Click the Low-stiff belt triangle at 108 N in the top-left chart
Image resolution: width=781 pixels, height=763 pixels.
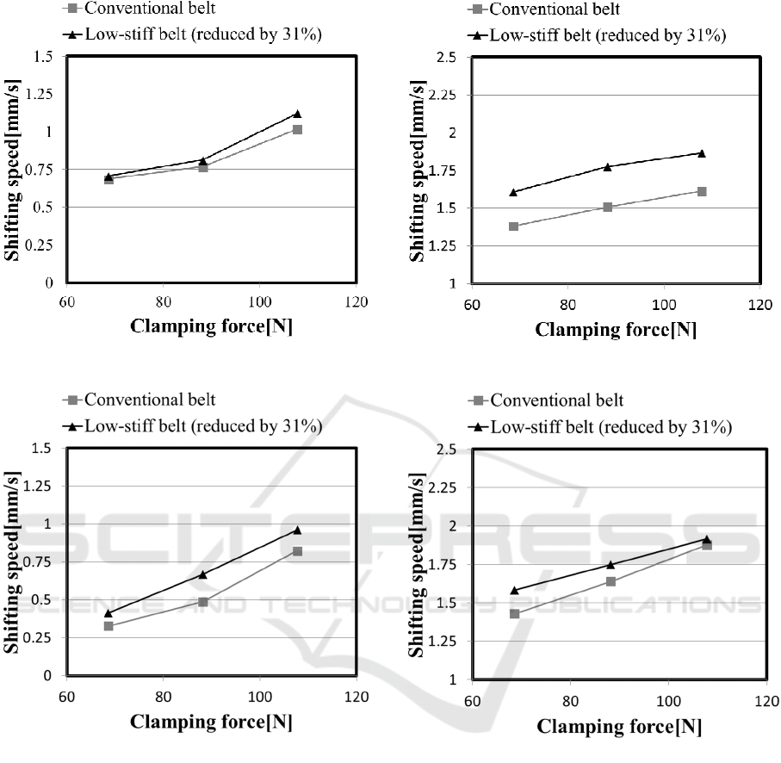[x=297, y=114]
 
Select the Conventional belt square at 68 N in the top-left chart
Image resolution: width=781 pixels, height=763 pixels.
[x=108, y=179]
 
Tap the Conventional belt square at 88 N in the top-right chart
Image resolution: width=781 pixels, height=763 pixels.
[x=608, y=207]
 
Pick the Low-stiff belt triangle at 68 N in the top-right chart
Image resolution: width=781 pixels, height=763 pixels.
[x=513, y=192]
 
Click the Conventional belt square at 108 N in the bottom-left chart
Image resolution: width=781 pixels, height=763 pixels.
[x=297, y=551]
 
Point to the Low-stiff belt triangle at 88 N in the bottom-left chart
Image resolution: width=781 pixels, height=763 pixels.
[x=203, y=574]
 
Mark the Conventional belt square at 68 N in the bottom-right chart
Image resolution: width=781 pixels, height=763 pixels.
[x=514, y=614]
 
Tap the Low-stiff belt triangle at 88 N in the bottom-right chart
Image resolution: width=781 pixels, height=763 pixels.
[x=611, y=565]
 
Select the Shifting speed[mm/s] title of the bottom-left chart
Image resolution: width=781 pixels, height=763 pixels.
[x=15, y=563]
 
